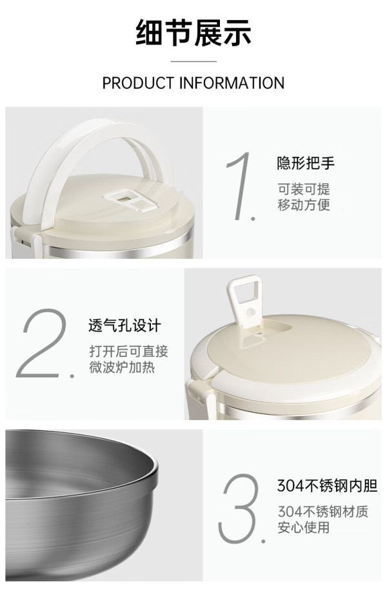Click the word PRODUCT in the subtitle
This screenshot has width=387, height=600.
click(x=138, y=83)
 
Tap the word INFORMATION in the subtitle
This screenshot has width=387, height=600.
click(x=232, y=83)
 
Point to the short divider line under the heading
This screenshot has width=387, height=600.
click(x=193, y=61)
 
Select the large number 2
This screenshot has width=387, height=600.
click(x=44, y=343)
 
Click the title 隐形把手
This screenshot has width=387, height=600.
click(x=306, y=163)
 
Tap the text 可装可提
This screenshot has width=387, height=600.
click(x=304, y=189)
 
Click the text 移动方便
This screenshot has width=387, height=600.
click(x=304, y=205)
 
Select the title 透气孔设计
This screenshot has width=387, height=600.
click(x=124, y=326)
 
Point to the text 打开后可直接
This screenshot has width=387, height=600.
click(x=128, y=351)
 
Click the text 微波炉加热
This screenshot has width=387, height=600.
click(x=122, y=367)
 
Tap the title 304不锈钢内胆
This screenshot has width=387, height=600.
click(x=328, y=486)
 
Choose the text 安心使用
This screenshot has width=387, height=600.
click(x=304, y=527)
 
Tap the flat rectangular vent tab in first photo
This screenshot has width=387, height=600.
click(x=130, y=201)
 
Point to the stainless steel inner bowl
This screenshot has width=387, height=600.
click(x=81, y=505)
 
